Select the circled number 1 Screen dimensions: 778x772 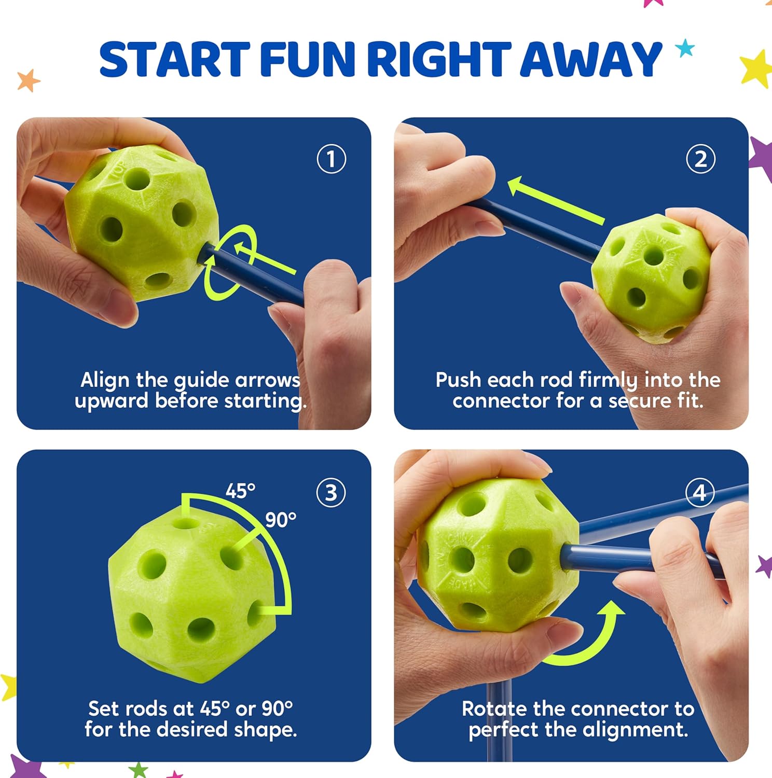[x=331, y=159]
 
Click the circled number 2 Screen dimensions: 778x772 [x=700, y=159]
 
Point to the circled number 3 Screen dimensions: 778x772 [x=330, y=493]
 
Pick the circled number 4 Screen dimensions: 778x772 [x=700, y=492]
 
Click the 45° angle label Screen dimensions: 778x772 [x=240, y=491]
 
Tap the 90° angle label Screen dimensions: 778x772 [x=281, y=519]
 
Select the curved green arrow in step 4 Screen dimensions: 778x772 [x=591, y=638]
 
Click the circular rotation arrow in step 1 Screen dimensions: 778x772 [x=228, y=262]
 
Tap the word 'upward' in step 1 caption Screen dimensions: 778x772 [x=111, y=401]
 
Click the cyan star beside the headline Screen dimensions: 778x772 [x=685, y=48]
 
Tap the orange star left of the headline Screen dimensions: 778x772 [x=28, y=80]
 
